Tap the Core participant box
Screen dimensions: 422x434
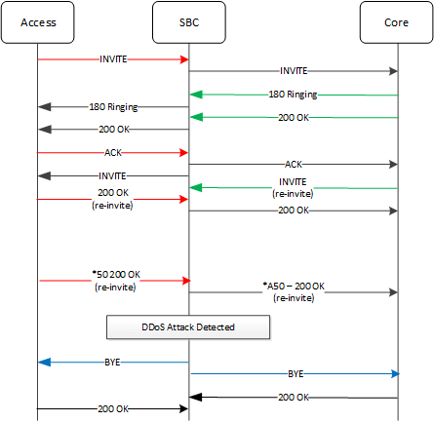398,22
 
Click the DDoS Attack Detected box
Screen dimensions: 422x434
187,326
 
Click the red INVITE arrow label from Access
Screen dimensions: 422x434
113,59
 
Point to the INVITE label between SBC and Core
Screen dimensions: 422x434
294,71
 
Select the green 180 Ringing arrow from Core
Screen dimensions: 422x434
294,95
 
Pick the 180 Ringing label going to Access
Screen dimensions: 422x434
113,106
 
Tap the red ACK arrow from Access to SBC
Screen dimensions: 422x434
113,152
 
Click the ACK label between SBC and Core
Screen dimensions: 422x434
294,164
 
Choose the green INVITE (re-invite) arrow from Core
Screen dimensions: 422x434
294,187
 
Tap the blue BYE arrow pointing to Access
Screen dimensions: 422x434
113,361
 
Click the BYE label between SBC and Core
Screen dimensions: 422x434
294,372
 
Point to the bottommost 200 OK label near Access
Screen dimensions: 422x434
113,407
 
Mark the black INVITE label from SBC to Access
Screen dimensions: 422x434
113,175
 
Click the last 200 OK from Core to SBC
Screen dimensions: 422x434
294,397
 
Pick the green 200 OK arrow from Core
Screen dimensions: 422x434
294,117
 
